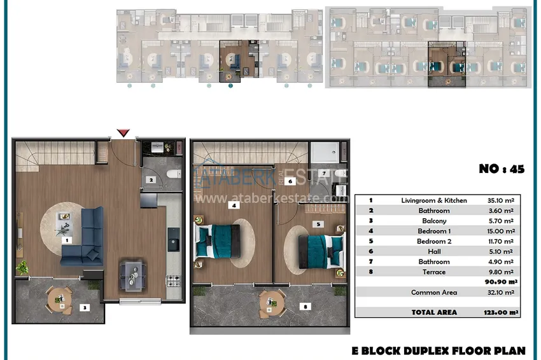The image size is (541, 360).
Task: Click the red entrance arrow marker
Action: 123,133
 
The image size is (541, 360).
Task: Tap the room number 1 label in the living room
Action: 67,240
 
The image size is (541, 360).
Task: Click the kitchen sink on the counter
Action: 174,239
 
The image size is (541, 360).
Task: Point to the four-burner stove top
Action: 174,280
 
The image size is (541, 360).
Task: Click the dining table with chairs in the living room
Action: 132,275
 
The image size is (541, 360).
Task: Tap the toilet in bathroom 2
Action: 174,174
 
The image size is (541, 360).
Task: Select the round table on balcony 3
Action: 60,300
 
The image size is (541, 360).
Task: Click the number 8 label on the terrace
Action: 306,307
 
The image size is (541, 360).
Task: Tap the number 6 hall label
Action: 290,181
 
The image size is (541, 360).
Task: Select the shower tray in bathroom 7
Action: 325,152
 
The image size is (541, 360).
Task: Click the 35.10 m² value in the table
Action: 501,200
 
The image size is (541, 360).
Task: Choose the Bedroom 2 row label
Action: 434,242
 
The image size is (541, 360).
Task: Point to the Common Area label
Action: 434,293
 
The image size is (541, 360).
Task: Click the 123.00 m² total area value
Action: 501,312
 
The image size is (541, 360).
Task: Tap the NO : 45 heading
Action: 502,169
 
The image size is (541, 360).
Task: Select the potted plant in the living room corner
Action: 22,268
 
